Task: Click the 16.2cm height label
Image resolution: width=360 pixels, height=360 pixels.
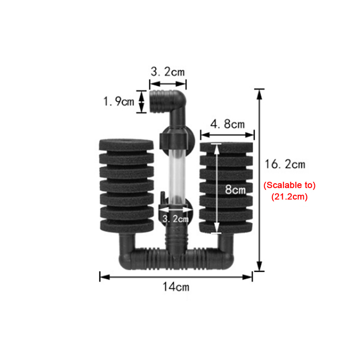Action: pyautogui.click(x=285, y=164)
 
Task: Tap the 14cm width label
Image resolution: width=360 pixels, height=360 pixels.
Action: pyautogui.click(x=176, y=287)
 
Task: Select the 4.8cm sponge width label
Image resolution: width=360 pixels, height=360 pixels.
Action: pyautogui.click(x=228, y=124)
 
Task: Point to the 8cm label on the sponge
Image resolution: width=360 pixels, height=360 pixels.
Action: pyautogui.click(x=235, y=189)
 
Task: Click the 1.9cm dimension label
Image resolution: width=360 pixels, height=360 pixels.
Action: pyautogui.click(x=119, y=102)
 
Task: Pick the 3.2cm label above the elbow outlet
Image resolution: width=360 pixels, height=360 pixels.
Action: pyautogui.click(x=167, y=72)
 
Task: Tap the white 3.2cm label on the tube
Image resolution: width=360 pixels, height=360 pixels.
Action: pyautogui.click(x=175, y=219)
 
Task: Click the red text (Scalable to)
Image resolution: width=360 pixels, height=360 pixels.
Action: pyautogui.click(x=289, y=185)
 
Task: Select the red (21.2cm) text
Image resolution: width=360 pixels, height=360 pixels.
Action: pyautogui.click(x=289, y=197)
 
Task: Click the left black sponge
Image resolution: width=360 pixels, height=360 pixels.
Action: pyautogui.click(x=126, y=185)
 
